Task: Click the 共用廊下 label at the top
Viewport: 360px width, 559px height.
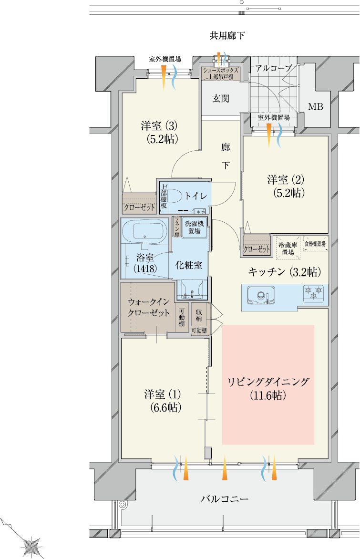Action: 227,35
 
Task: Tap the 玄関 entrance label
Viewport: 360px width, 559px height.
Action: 221,98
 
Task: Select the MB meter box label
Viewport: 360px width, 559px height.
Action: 316,106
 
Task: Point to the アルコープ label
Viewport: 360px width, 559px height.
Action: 274,68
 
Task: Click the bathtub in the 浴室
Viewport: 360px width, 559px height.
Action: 144,231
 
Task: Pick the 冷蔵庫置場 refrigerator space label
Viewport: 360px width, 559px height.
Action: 288,248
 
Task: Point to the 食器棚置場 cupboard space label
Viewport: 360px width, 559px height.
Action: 315,244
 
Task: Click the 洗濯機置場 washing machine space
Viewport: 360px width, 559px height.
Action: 194,227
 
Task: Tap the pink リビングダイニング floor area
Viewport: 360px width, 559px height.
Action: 268,384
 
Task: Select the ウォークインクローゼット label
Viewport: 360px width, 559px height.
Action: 149,307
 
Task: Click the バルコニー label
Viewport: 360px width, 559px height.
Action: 224,499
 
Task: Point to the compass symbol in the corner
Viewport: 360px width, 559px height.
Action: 31,546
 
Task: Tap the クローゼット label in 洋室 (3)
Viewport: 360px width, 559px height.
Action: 139,207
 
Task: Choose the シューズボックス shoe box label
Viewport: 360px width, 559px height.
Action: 221,71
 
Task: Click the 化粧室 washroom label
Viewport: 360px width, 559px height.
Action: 188,265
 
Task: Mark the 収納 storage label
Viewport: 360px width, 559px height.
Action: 199,315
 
